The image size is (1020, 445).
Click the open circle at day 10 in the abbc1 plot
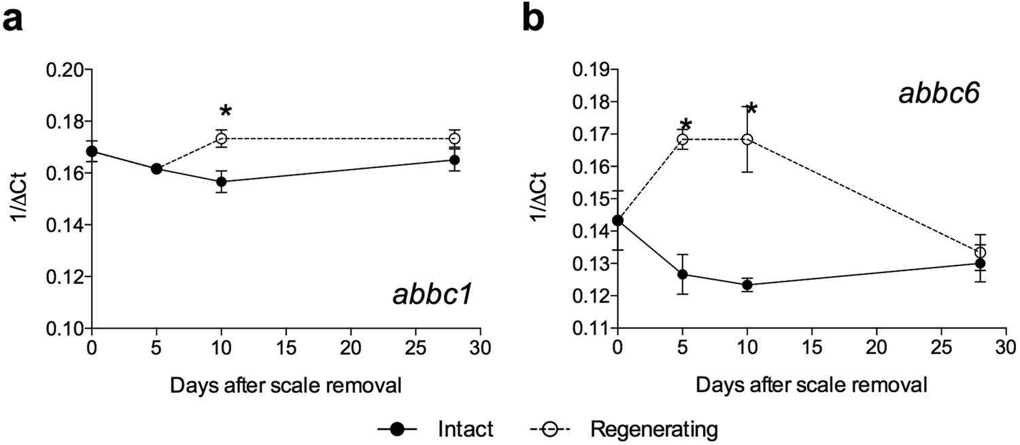(221, 139)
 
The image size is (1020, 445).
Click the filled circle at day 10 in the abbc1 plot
(221, 182)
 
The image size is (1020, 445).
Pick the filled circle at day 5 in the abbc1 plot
(156, 168)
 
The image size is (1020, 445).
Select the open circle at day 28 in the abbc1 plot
(454, 139)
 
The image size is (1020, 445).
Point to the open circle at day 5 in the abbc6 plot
(683, 139)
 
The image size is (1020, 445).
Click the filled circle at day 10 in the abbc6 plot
(747, 285)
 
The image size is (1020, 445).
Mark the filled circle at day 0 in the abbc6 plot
(617, 220)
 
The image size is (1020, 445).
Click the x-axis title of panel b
(811, 385)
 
